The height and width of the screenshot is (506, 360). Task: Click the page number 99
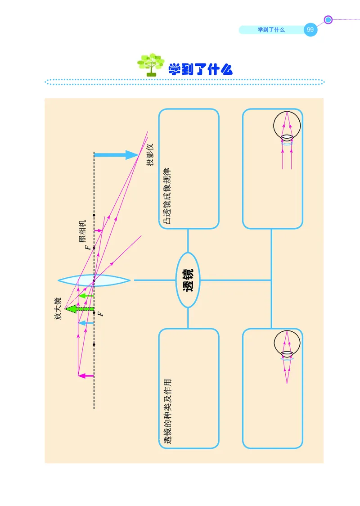[x=310, y=30]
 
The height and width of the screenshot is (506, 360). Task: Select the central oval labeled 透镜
[x=188, y=280]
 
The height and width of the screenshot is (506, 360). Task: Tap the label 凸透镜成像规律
[x=167, y=196]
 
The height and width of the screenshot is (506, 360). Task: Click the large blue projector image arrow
[x=116, y=155]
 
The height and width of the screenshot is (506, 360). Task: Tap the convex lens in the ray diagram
[x=94, y=280]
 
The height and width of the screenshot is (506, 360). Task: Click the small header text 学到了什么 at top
[x=271, y=30]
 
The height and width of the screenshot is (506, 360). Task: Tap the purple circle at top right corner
[x=328, y=19]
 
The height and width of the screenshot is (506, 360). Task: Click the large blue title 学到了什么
[x=200, y=69]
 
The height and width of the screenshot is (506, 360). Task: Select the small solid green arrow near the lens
[x=86, y=296]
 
